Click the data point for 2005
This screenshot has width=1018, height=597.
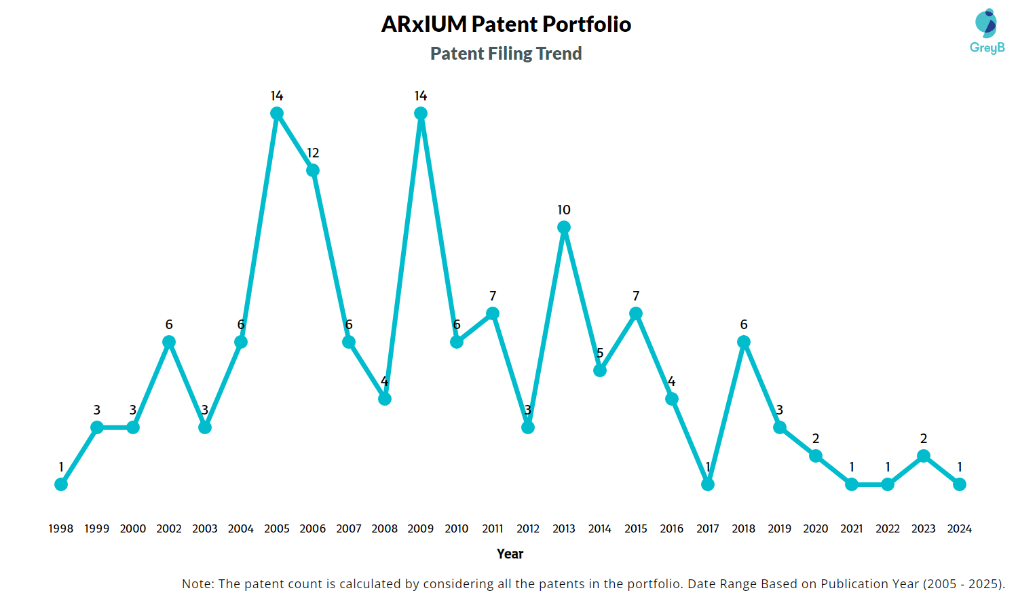[277, 113]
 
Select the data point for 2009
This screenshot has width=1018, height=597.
[421, 113]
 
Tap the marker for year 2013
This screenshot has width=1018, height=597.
[564, 227]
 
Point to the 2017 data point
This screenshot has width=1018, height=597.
[708, 484]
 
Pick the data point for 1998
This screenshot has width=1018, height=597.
[61, 484]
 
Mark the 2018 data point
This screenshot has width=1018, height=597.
[744, 342]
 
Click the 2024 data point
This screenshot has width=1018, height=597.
[960, 484]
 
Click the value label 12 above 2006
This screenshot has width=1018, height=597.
[313, 153]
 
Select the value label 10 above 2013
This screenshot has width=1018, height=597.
[564, 210]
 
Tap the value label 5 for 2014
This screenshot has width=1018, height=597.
[600, 353]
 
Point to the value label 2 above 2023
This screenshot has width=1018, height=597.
[924, 439]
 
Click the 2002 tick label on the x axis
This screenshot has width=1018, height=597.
[169, 528]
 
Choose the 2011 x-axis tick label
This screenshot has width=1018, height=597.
[493, 528]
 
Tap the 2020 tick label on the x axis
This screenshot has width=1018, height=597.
[816, 528]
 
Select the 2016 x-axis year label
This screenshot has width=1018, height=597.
[672, 528]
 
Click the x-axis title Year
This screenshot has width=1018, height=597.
[510, 554]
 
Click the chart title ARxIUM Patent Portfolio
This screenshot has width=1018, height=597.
[506, 24]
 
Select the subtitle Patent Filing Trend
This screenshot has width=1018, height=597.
[506, 54]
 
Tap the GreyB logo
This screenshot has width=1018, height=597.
[987, 31]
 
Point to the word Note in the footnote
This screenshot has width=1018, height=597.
[197, 583]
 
